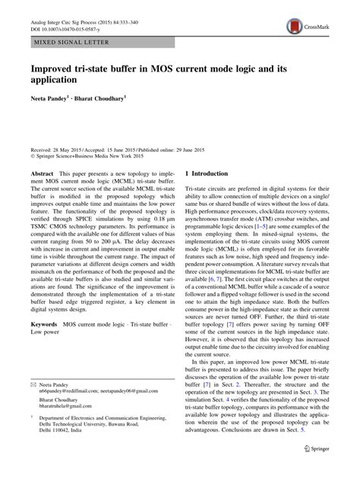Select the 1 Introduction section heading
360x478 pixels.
[216, 174]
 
